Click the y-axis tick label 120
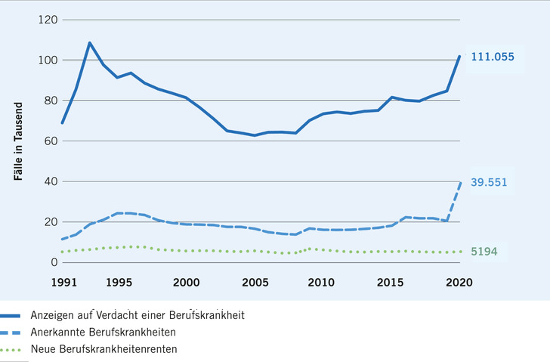coord(48,20)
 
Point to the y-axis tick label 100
coord(48,60)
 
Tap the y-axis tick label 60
coord(51,141)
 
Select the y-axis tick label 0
coord(54,262)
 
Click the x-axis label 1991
coord(63,282)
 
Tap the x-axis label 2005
coord(255,282)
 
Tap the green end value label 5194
coord(486,252)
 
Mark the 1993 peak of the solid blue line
coord(90,43)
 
